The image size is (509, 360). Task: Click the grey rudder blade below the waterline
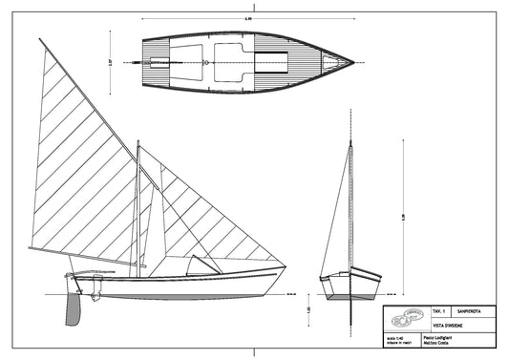coord(73,307)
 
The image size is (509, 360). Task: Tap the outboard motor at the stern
coord(94,287)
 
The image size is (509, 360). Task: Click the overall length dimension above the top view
coord(248,18)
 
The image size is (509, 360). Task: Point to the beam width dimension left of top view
coord(111,61)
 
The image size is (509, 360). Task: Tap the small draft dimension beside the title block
coord(308,310)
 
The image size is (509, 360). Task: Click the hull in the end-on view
coord(350,285)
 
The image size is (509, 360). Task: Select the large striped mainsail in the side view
coord(81,172)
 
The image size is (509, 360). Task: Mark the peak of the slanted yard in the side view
coord(40,40)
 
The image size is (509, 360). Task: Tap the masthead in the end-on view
coord(350,143)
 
